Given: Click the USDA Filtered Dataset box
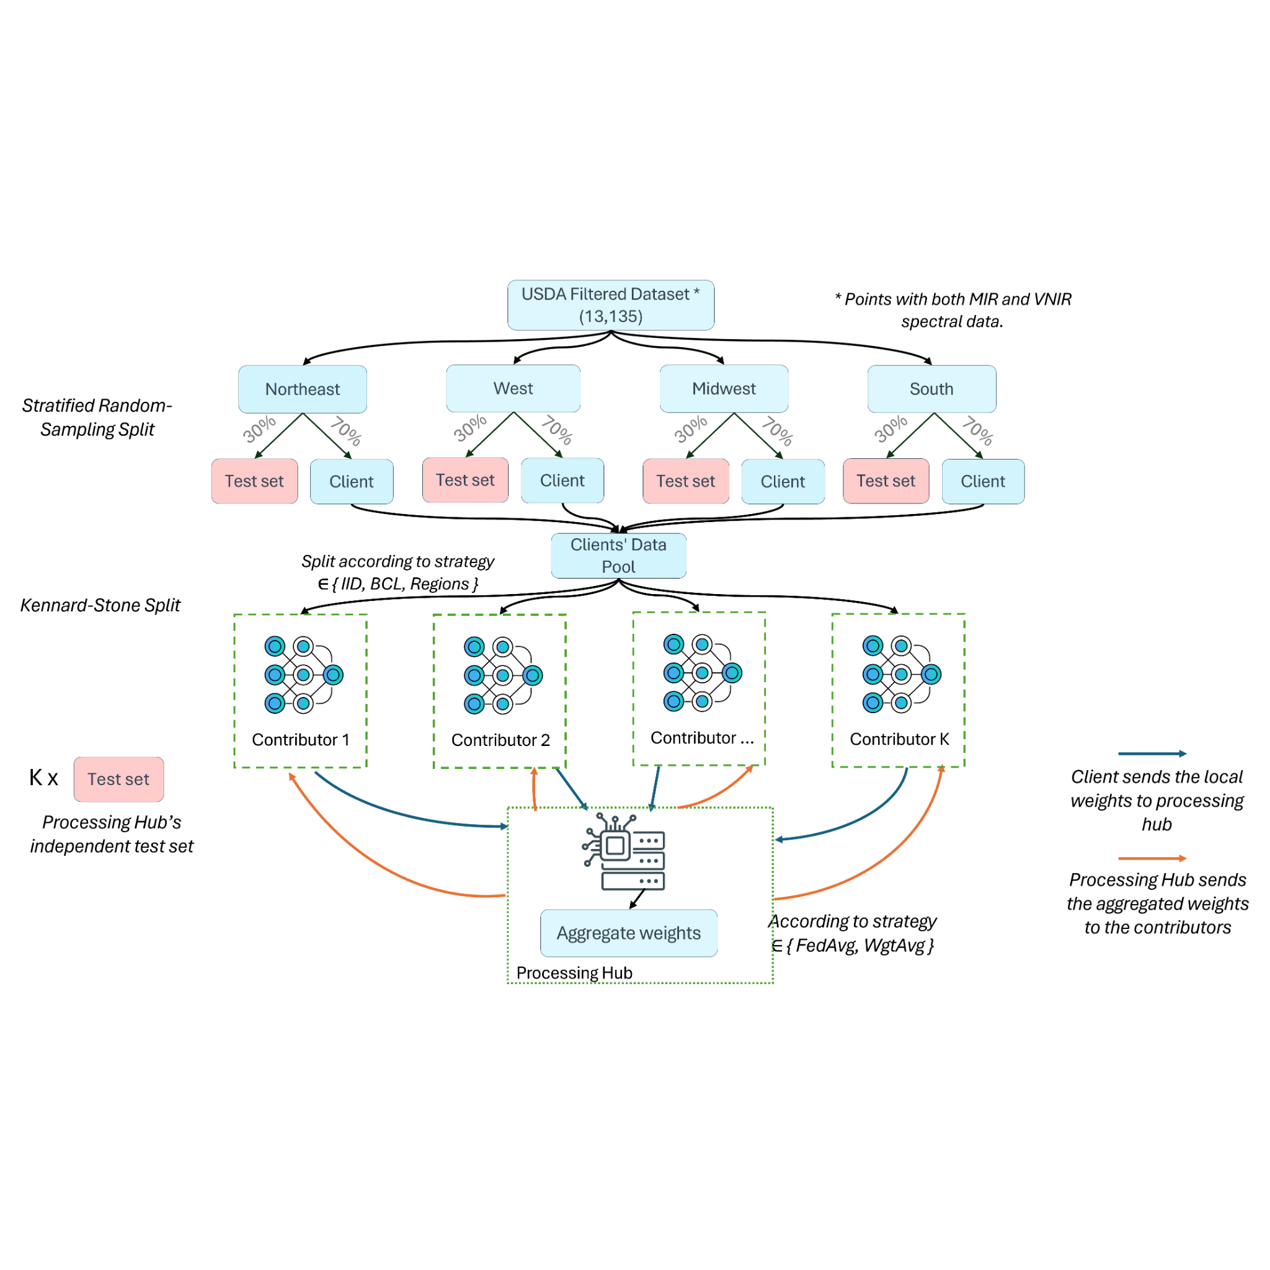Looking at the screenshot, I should [x=611, y=305].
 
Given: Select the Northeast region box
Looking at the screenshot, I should [x=303, y=389].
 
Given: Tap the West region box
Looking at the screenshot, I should [x=513, y=388].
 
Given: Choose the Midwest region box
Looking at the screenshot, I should [x=724, y=388].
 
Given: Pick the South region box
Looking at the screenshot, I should [x=931, y=389].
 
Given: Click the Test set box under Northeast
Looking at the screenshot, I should [x=254, y=481].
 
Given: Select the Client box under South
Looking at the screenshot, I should [x=983, y=481].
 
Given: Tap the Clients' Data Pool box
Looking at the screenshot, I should [x=618, y=556].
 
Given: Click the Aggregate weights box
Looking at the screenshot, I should [x=628, y=933].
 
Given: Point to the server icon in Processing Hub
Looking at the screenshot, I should [x=624, y=852].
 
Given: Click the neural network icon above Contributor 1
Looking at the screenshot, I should [x=303, y=675].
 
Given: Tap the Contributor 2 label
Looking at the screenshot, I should [x=500, y=740].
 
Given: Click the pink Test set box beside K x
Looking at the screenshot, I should [x=118, y=779].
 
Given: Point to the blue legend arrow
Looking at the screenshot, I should [x=1152, y=753].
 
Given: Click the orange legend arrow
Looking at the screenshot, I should [x=1152, y=858].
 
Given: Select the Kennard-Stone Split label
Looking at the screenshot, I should [x=100, y=605].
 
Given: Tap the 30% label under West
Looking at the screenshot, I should [x=470, y=428].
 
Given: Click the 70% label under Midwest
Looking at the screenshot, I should [x=777, y=431].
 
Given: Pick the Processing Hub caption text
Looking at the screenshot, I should [x=574, y=972].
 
